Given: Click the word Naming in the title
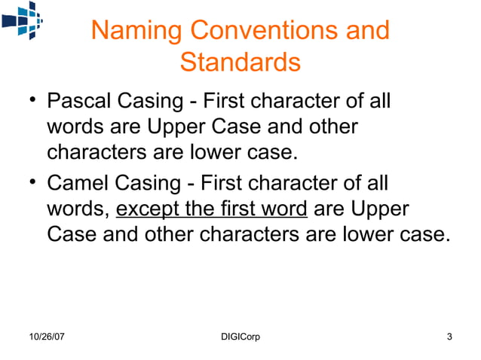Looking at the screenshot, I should coord(135,31).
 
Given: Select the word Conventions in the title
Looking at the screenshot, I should coord(259,31).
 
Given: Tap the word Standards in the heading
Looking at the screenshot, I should coord(240,63).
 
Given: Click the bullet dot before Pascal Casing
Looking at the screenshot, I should coord(29,100).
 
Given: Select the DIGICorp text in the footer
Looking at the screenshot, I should coord(237,336).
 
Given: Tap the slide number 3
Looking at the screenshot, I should coord(449,336).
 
